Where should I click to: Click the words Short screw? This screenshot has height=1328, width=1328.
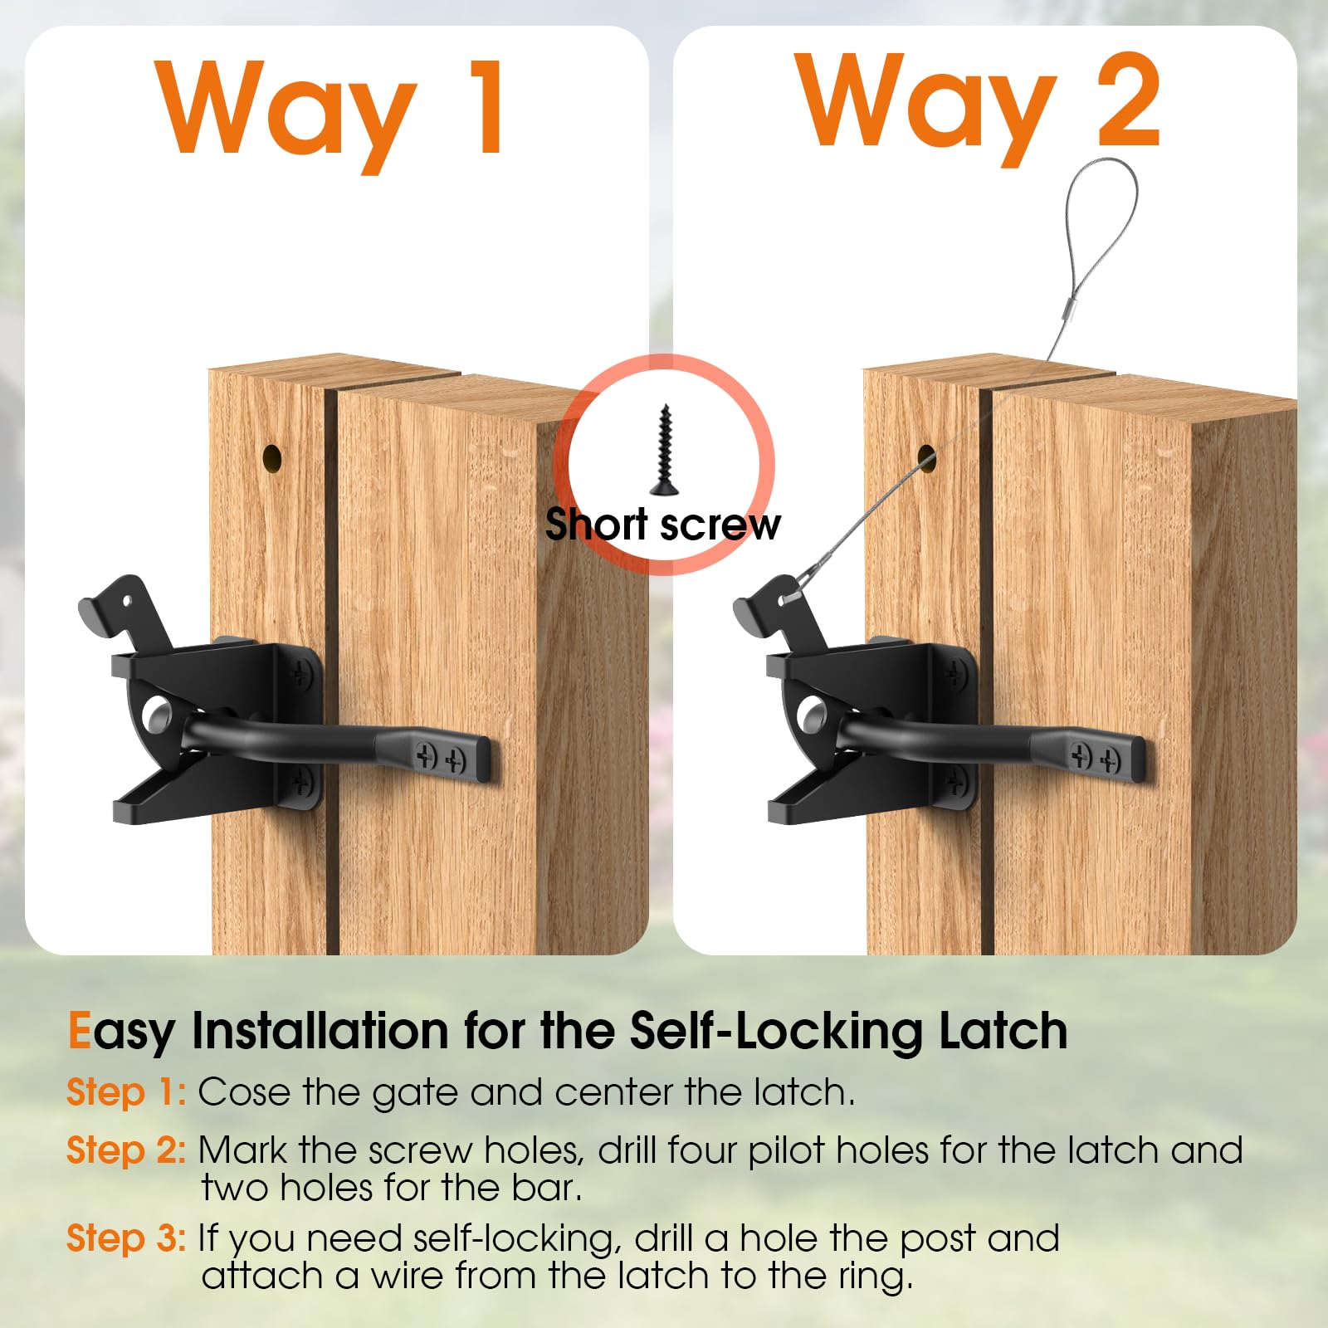click(x=662, y=525)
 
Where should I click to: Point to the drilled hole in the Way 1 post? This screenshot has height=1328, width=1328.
click(x=272, y=457)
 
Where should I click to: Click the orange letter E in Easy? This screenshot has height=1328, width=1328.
click(x=79, y=1031)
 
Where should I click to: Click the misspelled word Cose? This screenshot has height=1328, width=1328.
click(x=245, y=1092)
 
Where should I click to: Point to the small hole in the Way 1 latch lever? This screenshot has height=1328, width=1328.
click(x=127, y=599)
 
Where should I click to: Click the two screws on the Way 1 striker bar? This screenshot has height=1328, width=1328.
click(x=441, y=757)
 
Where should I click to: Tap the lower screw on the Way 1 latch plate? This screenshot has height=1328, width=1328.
click(x=301, y=780)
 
